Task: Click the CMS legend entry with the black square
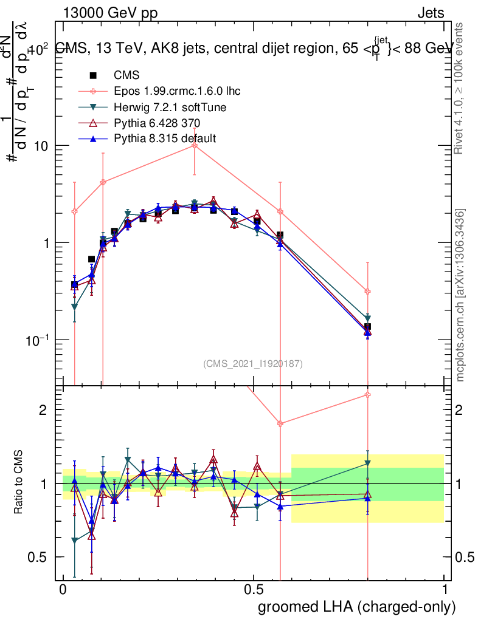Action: (x=126, y=75)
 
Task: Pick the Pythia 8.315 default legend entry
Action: (x=165, y=139)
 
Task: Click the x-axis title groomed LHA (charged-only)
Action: (x=357, y=607)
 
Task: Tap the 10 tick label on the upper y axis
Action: (x=41, y=146)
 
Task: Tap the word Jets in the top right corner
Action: (x=431, y=13)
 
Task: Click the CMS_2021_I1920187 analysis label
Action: (x=252, y=363)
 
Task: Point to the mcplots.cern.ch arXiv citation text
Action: (x=461, y=295)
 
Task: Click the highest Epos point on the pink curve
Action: (x=194, y=145)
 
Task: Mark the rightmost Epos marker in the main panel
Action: (x=367, y=292)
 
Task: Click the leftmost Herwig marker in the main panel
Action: (x=74, y=307)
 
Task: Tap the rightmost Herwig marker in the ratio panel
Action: (x=367, y=463)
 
